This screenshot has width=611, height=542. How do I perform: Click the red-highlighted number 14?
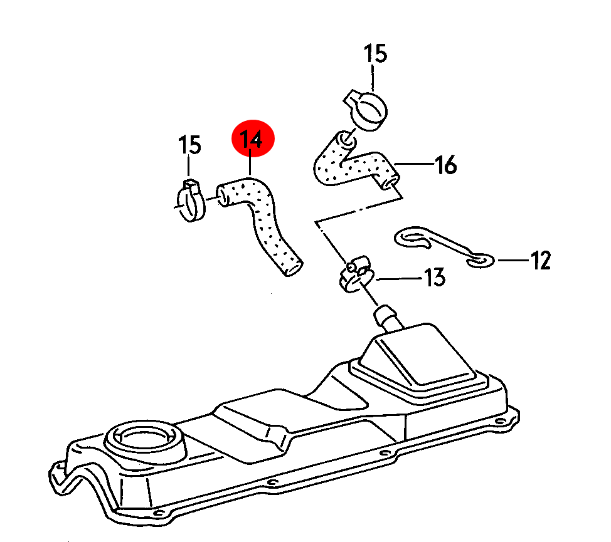tap(251, 139)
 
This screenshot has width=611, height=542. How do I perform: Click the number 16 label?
tap(446, 165)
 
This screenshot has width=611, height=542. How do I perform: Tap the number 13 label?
tap(435, 278)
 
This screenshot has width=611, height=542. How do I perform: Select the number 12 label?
tap(541, 260)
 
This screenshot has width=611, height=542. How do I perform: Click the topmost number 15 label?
tap(375, 53)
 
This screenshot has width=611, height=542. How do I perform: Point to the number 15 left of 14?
tap(189, 145)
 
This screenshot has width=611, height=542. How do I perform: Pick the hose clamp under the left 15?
tap(191, 200)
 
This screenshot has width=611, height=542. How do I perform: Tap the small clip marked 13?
tap(356, 274)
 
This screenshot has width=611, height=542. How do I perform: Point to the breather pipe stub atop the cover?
tap(386, 318)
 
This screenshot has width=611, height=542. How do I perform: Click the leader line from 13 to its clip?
tap(399, 279)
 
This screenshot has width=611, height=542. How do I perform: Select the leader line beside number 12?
tap(513, 260)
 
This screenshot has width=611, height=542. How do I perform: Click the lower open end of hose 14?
tap(293, 268)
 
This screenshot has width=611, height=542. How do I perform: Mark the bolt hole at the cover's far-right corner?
tap(500, 421)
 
